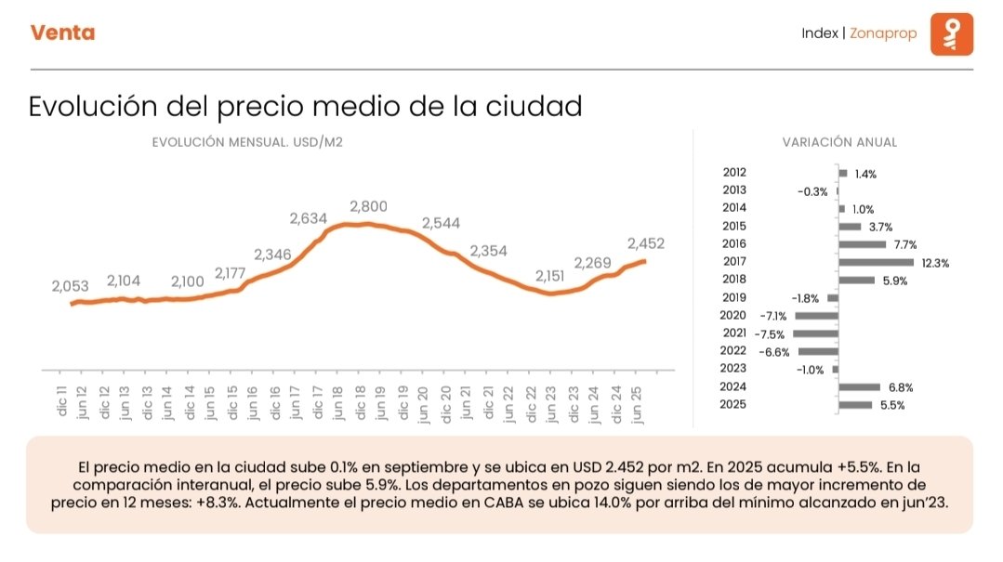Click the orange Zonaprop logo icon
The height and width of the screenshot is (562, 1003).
(951, 33)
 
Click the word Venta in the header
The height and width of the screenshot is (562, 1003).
(62, 33)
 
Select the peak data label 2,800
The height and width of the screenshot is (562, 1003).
(368, 206)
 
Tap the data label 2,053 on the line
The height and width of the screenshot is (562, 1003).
(70, 287)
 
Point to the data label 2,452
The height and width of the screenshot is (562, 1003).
(646, 243)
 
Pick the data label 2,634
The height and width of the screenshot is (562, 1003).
(309, 219)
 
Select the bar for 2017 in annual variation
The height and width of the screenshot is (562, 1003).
(876, 263)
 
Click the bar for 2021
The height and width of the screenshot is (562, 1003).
(815, 333)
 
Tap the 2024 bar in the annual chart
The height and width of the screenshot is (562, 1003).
(859, 386)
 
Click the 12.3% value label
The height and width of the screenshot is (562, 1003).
(935, 263)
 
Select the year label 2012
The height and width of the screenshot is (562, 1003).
(733, 173)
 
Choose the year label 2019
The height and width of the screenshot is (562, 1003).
(733, 298)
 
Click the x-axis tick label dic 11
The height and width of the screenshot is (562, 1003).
(62, 402)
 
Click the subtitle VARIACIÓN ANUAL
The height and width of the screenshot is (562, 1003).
(839, 142)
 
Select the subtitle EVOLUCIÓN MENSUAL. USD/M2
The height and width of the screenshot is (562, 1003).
(241, 142)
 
